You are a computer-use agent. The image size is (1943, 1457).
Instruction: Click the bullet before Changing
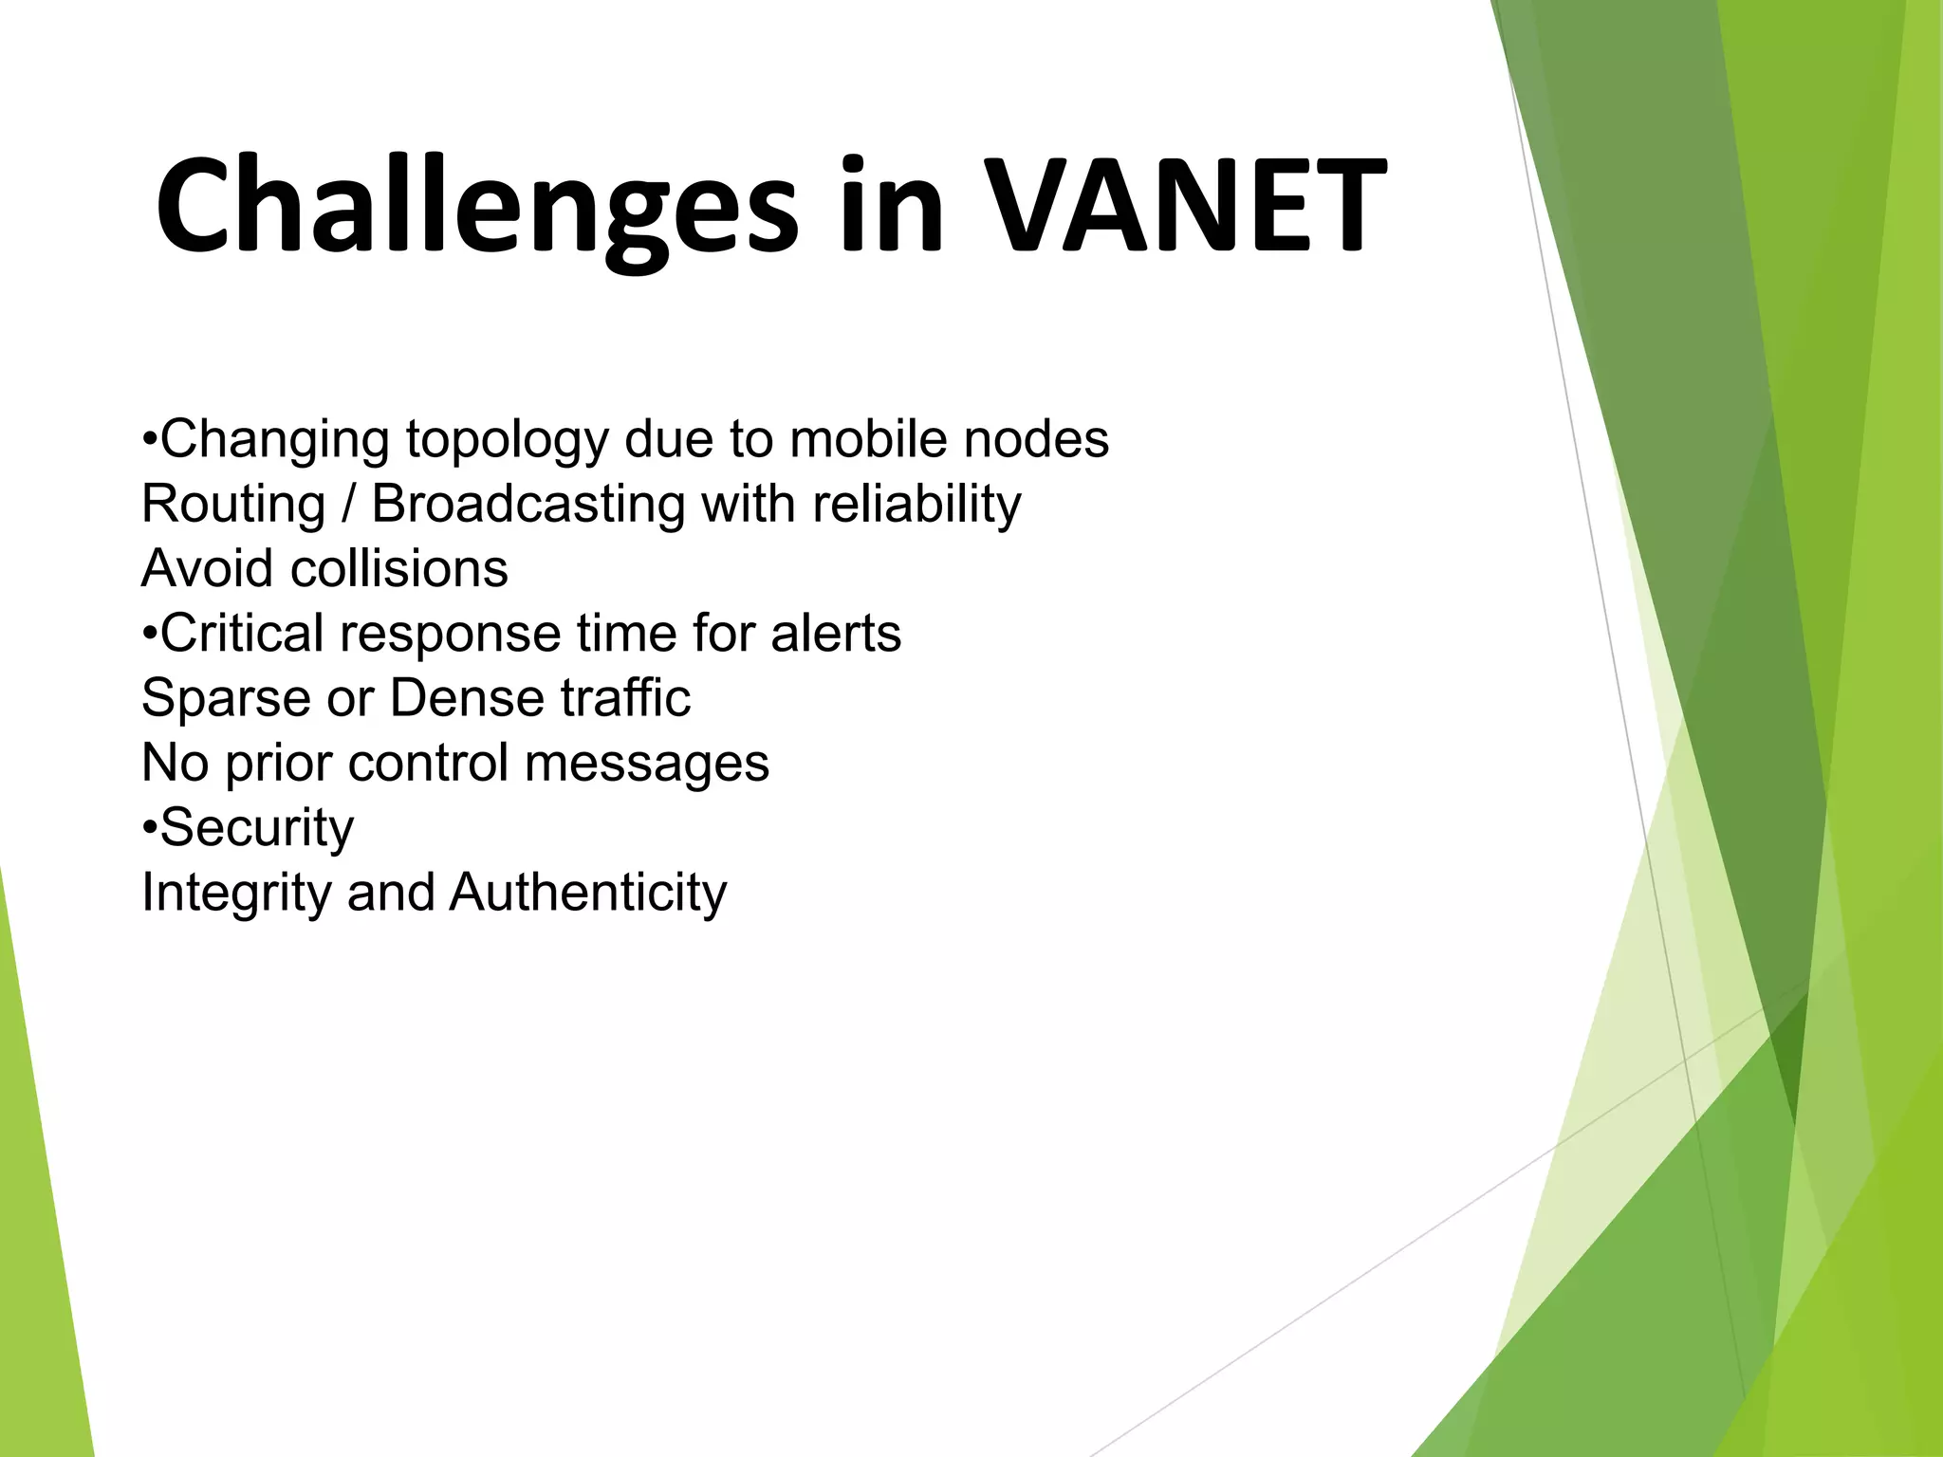tap(149, 439)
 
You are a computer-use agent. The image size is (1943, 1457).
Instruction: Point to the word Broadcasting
tap(527, 504)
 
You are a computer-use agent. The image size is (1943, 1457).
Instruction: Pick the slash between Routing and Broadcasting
tap(348, 504)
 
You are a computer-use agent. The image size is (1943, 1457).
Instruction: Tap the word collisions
tap(399, 568)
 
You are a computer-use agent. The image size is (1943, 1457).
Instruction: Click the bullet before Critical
tap(149, 633)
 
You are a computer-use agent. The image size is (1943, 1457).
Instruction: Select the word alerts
tap(835, 633)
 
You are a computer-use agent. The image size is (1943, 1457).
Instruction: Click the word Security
tap(257, 827)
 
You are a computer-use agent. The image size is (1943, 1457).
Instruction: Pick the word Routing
tap(233, 504)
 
